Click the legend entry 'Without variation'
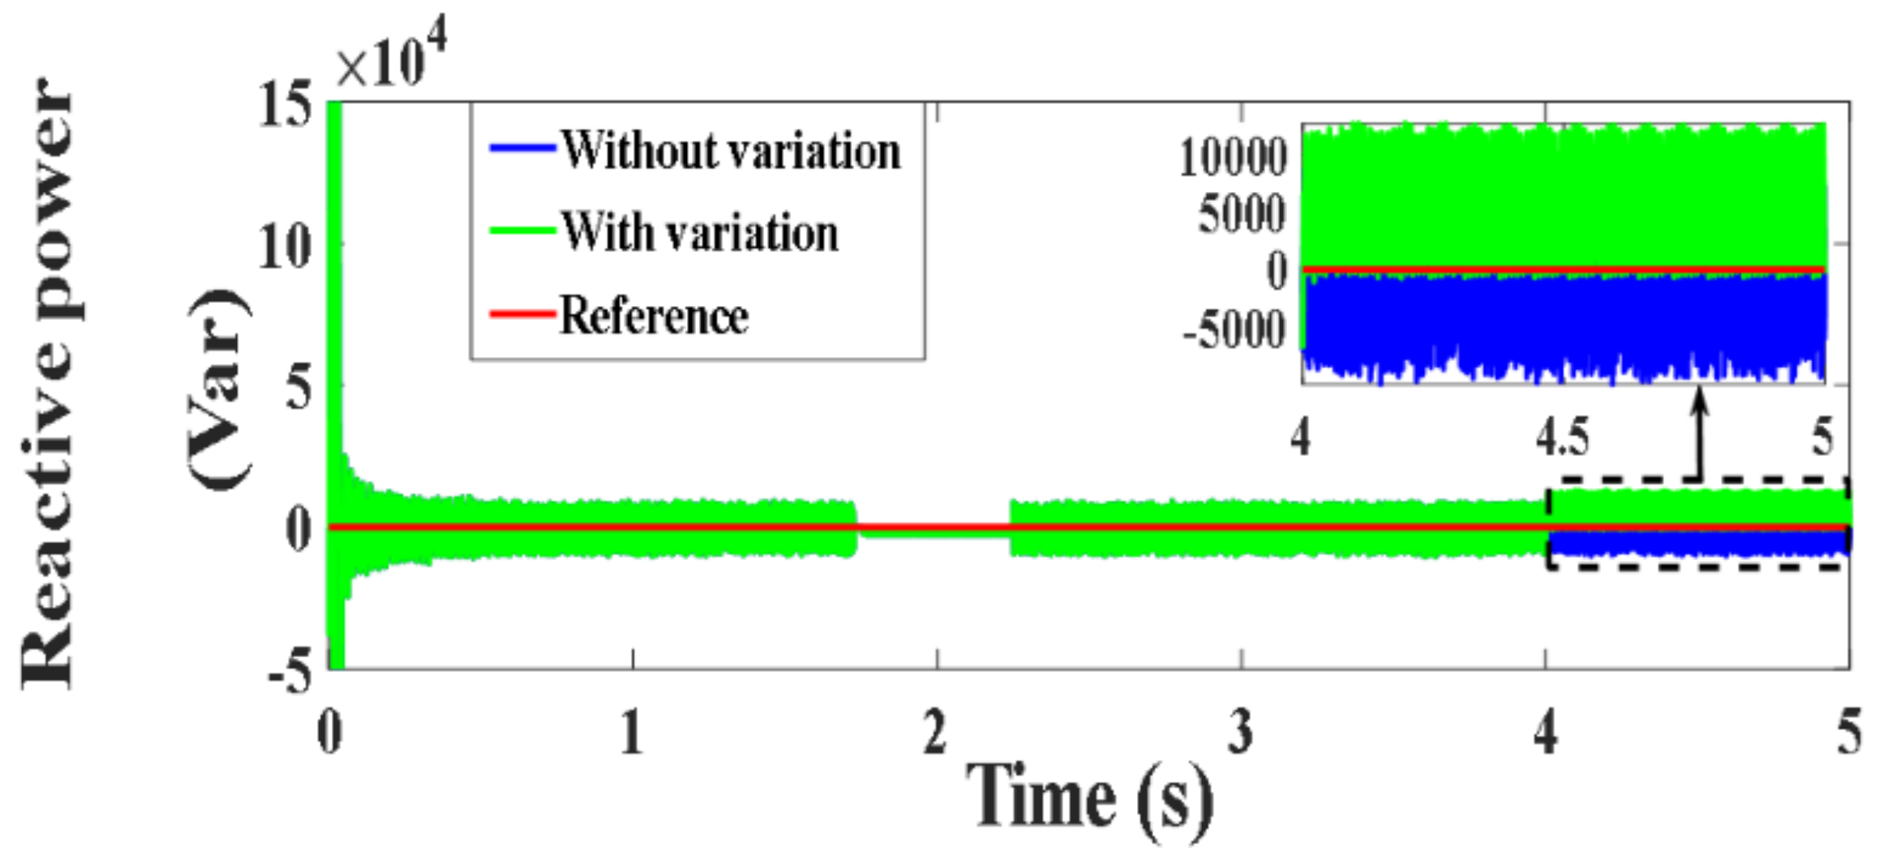[x=730, y=152]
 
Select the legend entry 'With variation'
[x=699, y=233]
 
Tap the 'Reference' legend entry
[x=653, y=316]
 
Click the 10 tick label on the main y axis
[x=284, y=247]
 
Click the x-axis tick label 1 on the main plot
[x=631, y=733]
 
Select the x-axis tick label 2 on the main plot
[x=935, y=733]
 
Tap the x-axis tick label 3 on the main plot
[x=1240, y=733]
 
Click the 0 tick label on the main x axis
[x=330, y=733]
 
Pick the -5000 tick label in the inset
[x=1234, y=331]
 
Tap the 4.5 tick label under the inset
[x=1562, y=436]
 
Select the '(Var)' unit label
[x=218, y=390]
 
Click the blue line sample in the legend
[x=521, y=148]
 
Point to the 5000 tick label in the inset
[x=1241, y=215]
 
